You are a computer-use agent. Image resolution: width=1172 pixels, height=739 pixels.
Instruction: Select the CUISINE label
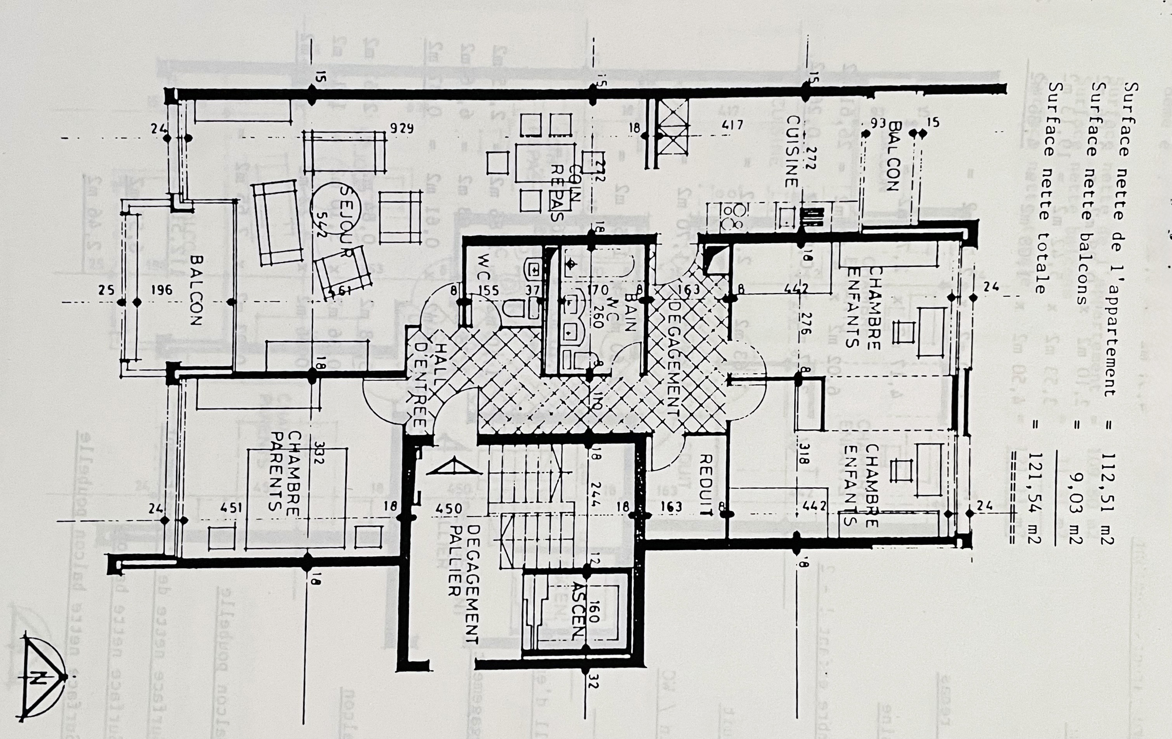click(792, 151)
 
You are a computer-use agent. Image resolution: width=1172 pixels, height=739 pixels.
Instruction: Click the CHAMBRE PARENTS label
click(285, 471)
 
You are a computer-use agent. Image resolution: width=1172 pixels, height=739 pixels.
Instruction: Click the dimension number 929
click(402, 129)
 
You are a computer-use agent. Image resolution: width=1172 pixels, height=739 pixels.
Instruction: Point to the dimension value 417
click(732, 125)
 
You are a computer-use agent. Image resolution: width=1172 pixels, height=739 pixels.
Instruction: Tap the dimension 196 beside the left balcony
click(162, 291)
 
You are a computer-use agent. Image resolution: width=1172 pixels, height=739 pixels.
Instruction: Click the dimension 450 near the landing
click(448, 509)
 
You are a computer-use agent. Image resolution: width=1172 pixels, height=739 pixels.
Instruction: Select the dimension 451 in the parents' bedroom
click(231, 508)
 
